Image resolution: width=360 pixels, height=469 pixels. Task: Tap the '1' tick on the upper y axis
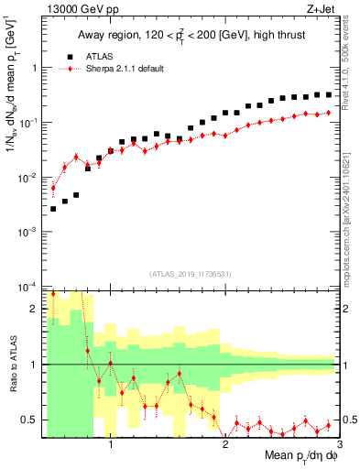tap(34, 67)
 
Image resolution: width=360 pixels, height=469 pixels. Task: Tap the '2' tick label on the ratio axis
tap(35, 309)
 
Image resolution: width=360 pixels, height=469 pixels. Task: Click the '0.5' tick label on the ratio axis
tap(30, 420)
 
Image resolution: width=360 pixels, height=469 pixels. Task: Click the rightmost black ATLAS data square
tap(328, 94)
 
